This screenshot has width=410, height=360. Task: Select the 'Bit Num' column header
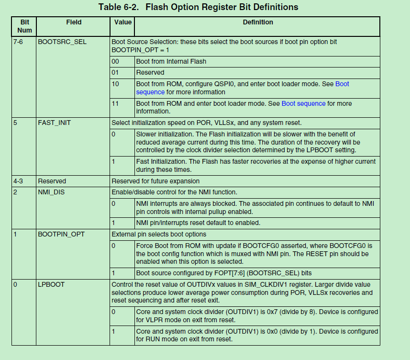pyautogui.click(x=24, y=26)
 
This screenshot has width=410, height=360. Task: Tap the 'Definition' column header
pyautogui.click(x=258, y=22)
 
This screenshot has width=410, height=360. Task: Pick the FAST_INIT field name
pyautogui.click(x=54, y=123)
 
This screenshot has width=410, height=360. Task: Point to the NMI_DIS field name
pyautogui.click(x=51, y=192)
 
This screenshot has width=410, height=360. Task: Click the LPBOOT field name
pyautogui.click(x=51, y=284)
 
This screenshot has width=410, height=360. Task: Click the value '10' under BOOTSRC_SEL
pyautogui.click(x=115, y=84)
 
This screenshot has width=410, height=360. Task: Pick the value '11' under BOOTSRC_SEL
pyautogui.click(x=115, y=103)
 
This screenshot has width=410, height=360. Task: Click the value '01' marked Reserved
pyautogui.click(x=115, y=72)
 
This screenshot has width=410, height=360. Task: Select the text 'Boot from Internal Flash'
pyautogui.click(x=171, y=61)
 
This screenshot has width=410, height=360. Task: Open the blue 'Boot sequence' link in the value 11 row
pyautogui.click(x=303, y=103)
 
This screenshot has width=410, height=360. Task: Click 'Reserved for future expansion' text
pyautogui.click(x=155, y=181)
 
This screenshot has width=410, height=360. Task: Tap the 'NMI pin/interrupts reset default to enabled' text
pyautogui.click(x=198, y=223)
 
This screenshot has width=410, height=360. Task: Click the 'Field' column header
pyautogui.click(x=74, y=22)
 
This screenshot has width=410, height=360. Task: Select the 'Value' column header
pyautogui.click(x=123, y=22)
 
